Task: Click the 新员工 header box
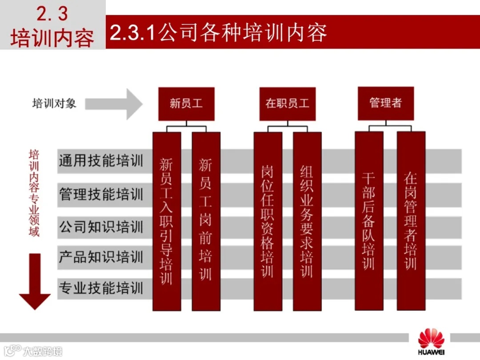pyautogui.click(x=186, y=104)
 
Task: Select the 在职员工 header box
pyautogui.click(x=287, y=104)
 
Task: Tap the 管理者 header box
pyautogui.click(x=385, y=104)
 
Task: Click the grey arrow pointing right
pyautogui.click(x=114, y=104)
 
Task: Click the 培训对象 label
pyautogui.click(x=54, y=104)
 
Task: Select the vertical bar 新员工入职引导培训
pyautogui.click(x=167, y=221)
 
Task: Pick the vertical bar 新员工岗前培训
pyautogui.click(x=206, y=221)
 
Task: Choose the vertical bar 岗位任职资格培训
pyautogui.click(x=268, y=221)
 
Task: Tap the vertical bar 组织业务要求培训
pyautogui.click(x=307, y=221)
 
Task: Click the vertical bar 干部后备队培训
pyautogui.click(x=368, y=221)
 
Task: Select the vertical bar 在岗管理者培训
pyautogui.click(x=411, y=221)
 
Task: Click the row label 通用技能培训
pyautogui.click(x=101, y=161)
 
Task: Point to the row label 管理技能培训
pyautogui.click(x=101, y=194)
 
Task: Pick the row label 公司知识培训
pyautogui.click(x=101, y=227)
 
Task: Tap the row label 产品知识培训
pyautogui.click(x=101, y=257)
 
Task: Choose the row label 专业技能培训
pyautogui.click(x=101, y=288)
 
